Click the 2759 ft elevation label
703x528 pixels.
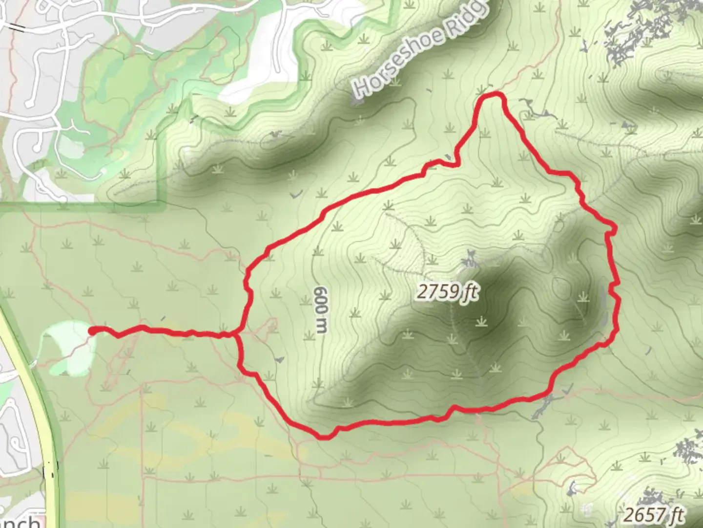[x=447, y=292]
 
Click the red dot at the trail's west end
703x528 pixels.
[x=92, y=331]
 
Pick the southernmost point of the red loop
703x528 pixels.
[x=324, y=436]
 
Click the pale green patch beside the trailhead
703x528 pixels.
[x=66, y=347]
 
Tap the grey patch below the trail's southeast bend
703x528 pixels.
[x=544, y=406]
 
